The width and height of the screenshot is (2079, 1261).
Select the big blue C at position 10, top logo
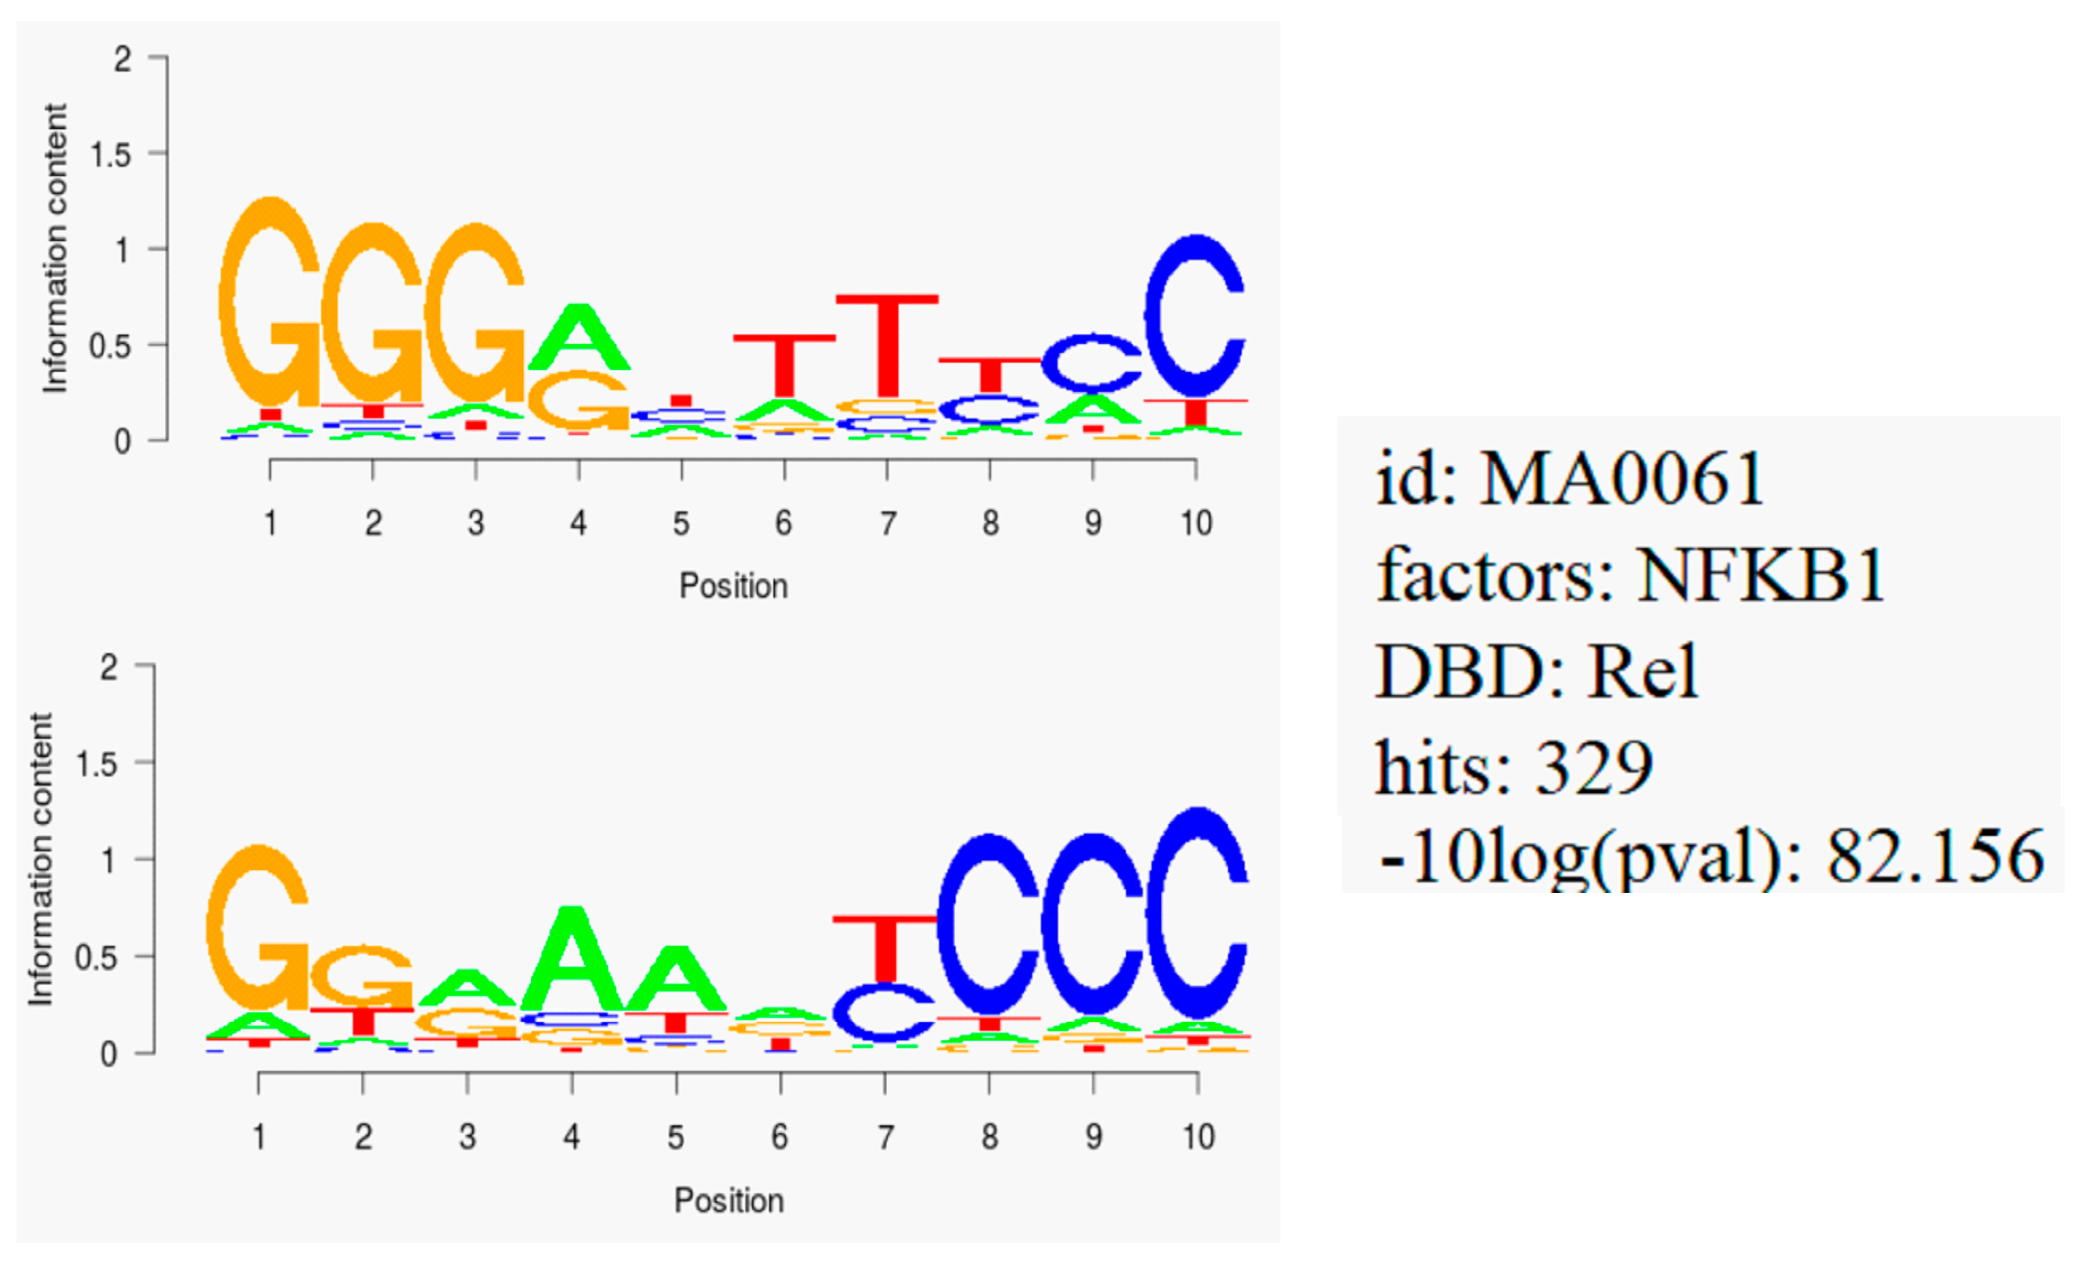tap(1194, 316)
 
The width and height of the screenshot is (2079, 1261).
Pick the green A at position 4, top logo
tap(579, 337)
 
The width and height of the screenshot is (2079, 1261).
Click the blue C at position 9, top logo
tap(1092, 363)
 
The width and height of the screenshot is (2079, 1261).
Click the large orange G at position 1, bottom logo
tap(257, 928)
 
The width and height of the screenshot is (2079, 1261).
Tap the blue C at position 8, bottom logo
tap(988, 924)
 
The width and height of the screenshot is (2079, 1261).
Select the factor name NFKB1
tap(1762, 575)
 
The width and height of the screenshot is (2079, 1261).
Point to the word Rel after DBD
tap(1642, 671)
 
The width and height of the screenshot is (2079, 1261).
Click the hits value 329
tap(1593, 768)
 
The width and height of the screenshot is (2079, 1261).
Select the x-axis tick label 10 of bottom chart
tap(1197, 1137)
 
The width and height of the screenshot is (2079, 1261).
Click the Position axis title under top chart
tap(734, 586)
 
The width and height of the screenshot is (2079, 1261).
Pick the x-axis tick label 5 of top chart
tap(681, 524)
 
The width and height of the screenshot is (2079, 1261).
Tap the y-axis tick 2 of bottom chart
tap(108, 668)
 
